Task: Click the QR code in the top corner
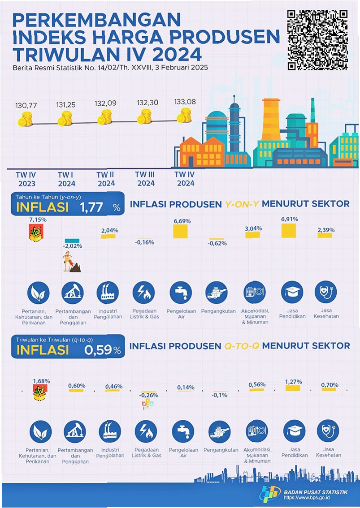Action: click(x=317, y=39)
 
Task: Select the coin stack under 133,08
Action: click(x=183, y=117)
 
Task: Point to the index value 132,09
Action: click(x=105, y=104)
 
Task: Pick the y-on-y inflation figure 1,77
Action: click(x=91, y=207)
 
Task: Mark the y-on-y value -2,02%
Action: click(x=72, y=246)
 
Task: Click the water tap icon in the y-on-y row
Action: click(x=181, y=293)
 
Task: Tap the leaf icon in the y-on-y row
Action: click(x=38, y=293)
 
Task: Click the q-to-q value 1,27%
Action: click(x=293, y=382)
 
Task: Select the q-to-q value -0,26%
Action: click(x=148, y=396)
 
